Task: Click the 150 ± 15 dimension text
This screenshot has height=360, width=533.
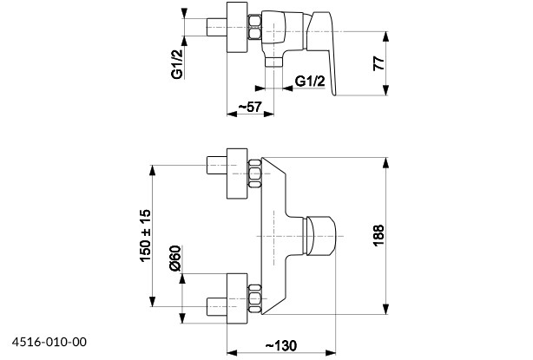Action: click(x=145, y=232)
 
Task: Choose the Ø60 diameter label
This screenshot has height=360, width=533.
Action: click(x=174, y=259)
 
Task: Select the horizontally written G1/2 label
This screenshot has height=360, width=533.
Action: click(x=310, y=82)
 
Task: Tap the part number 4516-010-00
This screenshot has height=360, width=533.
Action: click(x=49, y=342)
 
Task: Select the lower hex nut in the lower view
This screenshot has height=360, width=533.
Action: click(x=254, y=297)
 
